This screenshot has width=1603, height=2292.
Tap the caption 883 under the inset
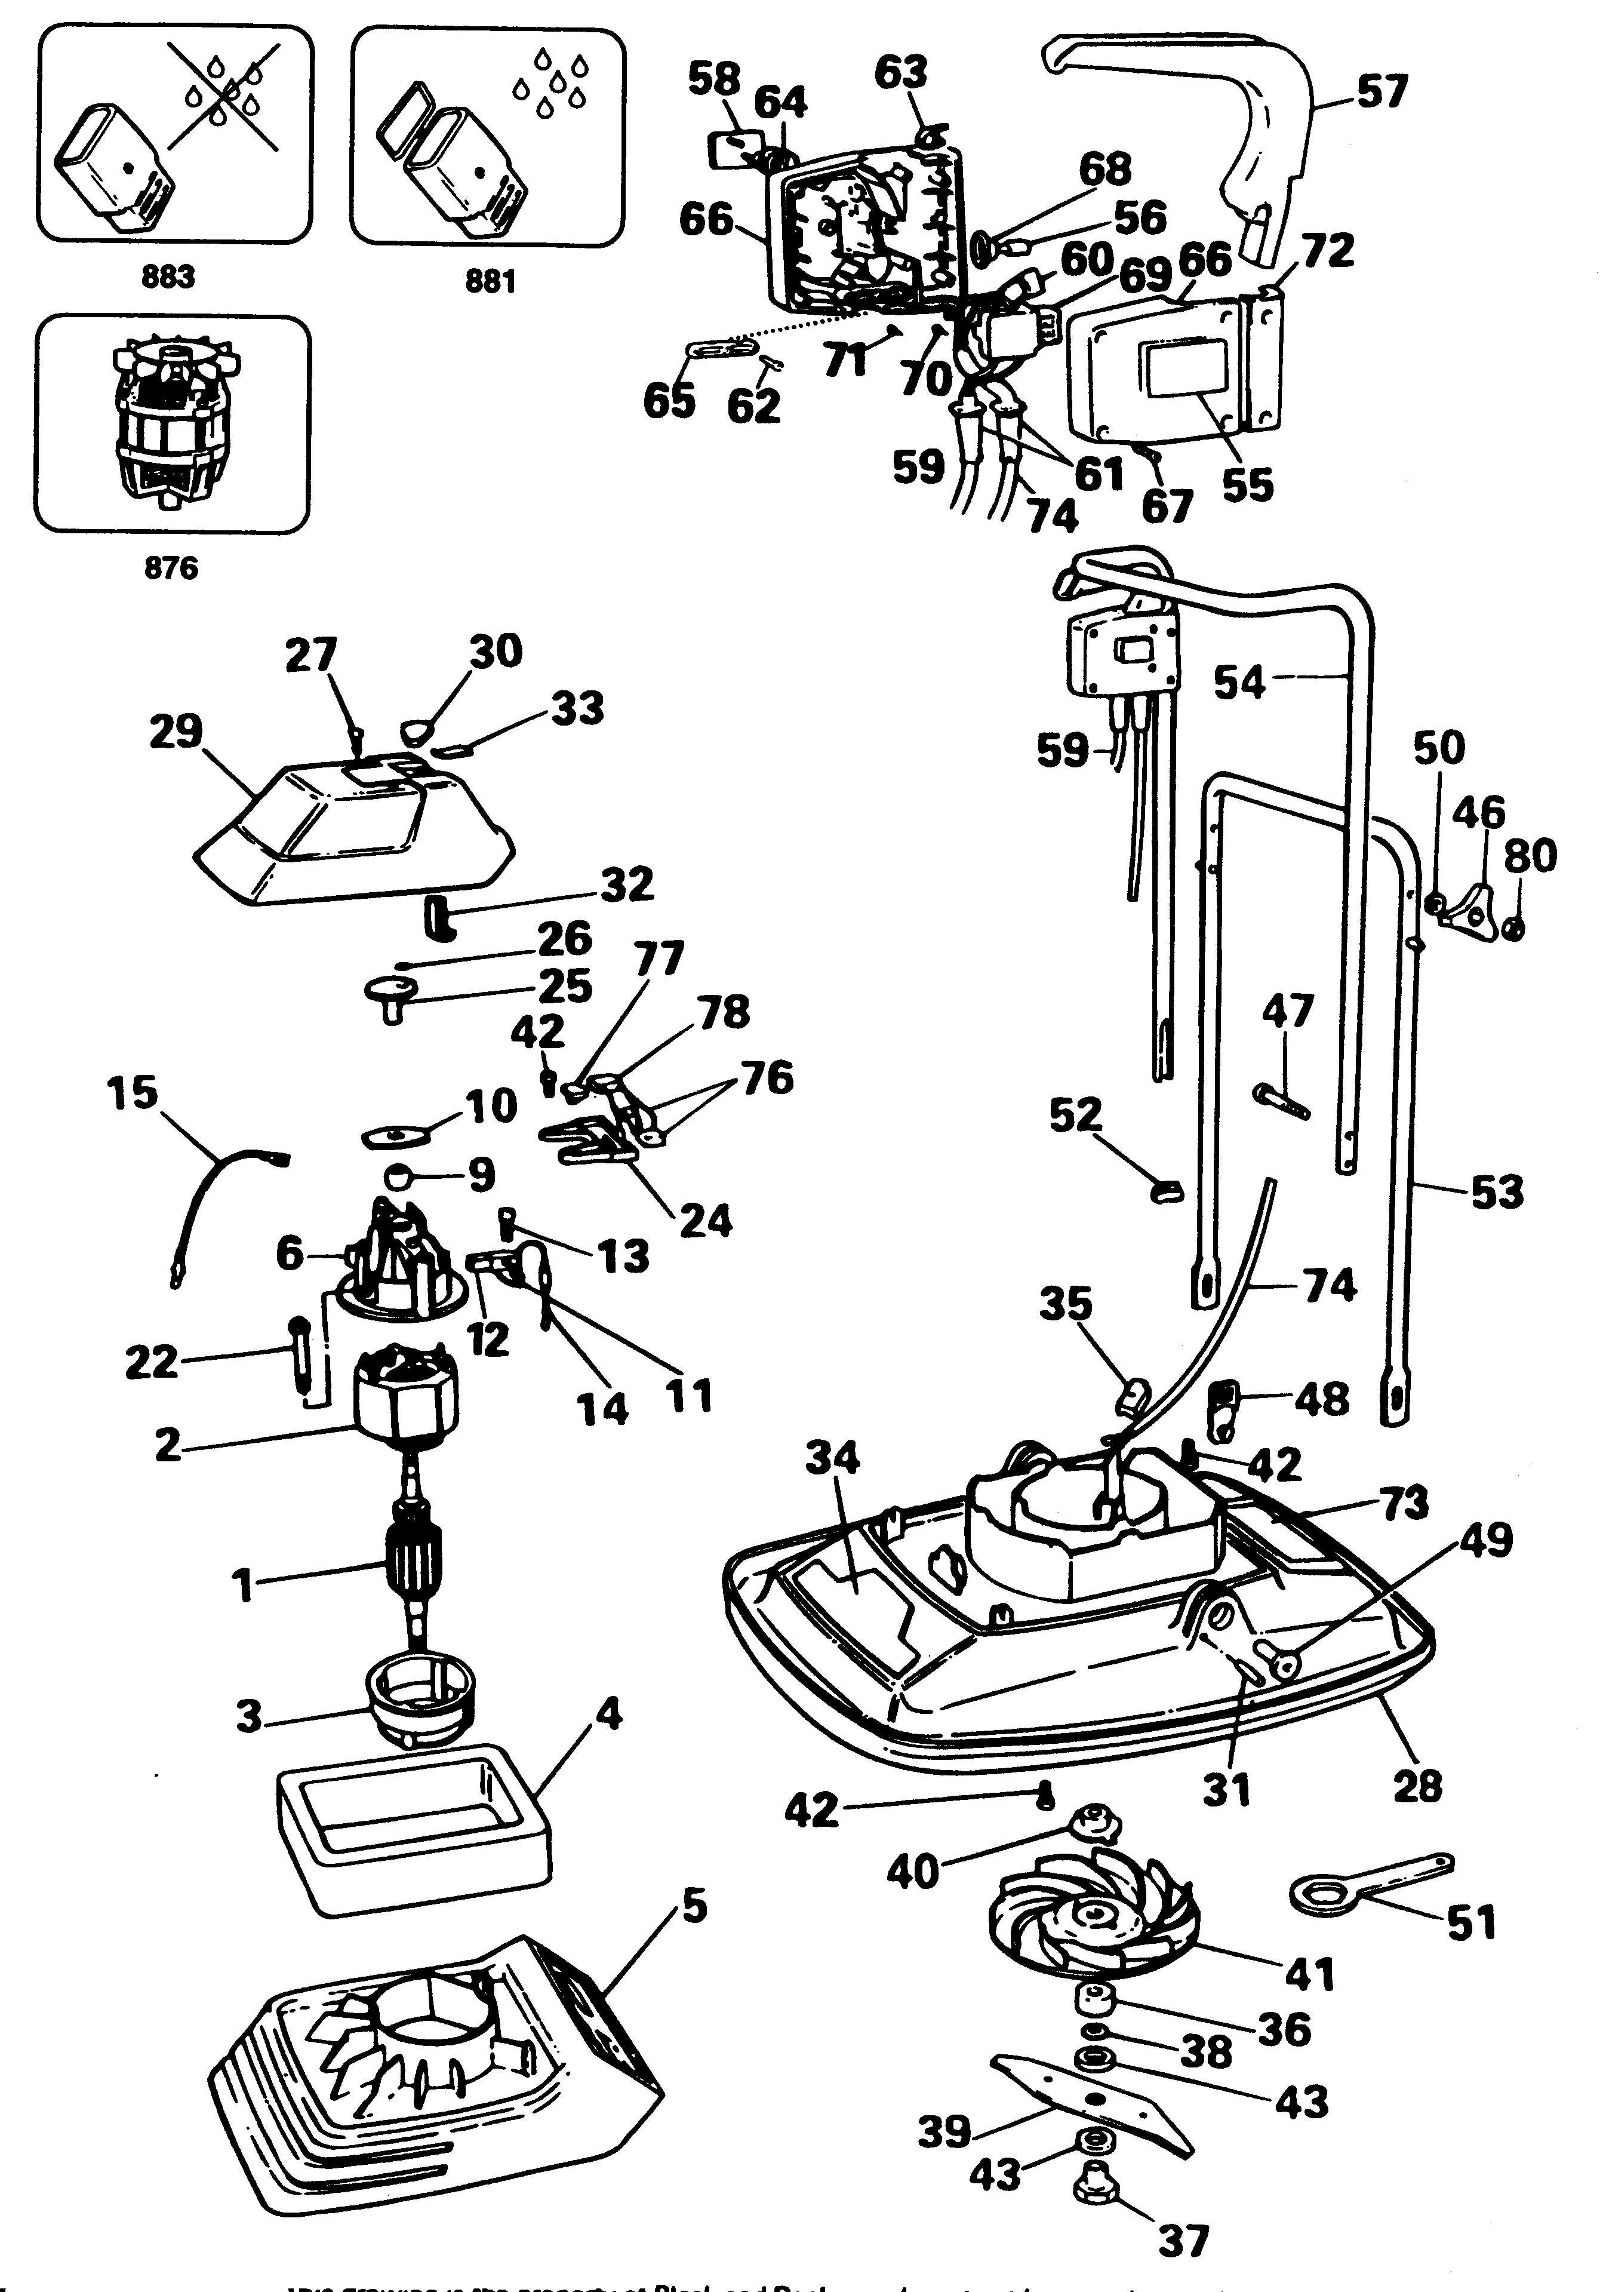pyautogui.click(x=168, y=275)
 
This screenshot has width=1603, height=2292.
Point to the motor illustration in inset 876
pyautogui.click(x=172, y=423)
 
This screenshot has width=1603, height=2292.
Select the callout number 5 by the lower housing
pyautogui.click(x=694, y=1907)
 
